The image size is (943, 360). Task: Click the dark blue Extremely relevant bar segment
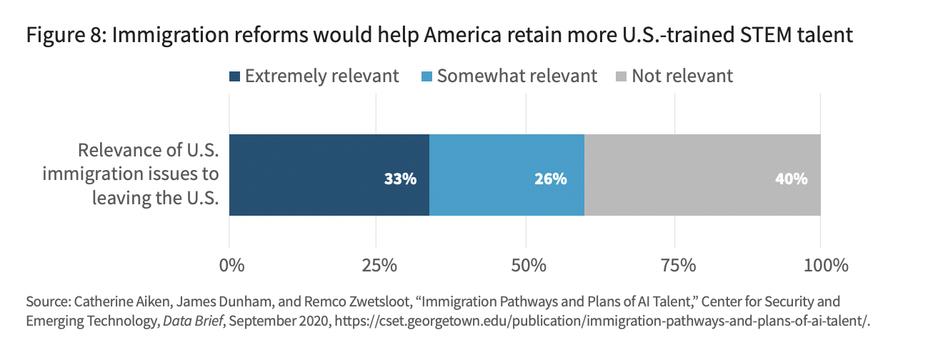click(x=314, y=174)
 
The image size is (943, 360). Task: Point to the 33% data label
click(x=400, y=179)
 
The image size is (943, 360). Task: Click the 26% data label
click(x=550, y=179)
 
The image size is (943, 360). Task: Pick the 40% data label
click(x=791, y=179)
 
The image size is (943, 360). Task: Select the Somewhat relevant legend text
click(x=517, y=76)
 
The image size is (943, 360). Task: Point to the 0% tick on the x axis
click(x=231, y=266)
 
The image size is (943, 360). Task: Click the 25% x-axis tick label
click(x=379, y=266)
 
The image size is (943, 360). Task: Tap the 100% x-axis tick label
click(x=822, y=266)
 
